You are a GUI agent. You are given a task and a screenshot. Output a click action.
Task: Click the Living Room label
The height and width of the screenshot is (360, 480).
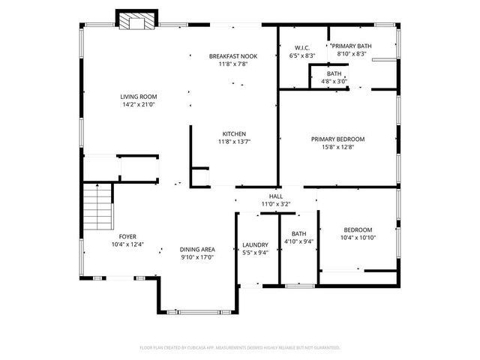click(x=137, y=96)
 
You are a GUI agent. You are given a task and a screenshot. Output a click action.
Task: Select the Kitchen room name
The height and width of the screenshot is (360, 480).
click(x=232, y=133)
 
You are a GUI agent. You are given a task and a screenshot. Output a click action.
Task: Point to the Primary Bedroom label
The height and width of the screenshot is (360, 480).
click(x=337, y=139)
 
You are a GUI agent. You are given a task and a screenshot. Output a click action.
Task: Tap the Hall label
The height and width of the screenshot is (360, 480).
click(x=275, y=196)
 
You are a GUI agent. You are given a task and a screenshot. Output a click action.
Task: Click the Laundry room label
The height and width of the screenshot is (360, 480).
click(x=256, y=244)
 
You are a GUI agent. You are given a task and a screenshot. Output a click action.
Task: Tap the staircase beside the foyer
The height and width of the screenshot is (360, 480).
click(x=97, y=208)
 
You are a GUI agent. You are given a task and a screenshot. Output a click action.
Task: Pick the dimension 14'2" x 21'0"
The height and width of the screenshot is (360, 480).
click(x=137, y=104)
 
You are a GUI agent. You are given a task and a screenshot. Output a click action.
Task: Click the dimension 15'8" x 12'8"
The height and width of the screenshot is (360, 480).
click(x=337, y=147)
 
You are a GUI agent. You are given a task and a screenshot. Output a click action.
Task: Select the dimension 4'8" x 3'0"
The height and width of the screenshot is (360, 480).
click(x=334, y=81)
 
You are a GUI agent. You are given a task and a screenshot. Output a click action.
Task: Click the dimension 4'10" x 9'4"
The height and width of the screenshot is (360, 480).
click(x=298, y=241)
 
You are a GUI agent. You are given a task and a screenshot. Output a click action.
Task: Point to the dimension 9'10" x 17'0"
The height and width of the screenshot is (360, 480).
click(x=197, y=257)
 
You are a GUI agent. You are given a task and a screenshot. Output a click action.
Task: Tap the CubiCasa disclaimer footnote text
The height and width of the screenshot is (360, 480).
click(x=240, y=348)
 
